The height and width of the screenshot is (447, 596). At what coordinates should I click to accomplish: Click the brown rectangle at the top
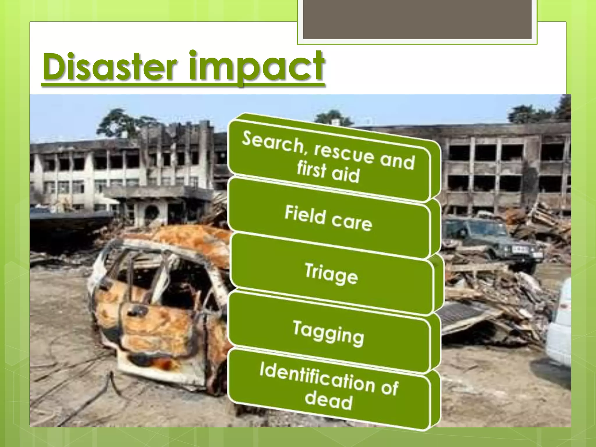(417, 19)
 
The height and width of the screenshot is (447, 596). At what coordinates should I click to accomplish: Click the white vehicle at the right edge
(560, 323)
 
